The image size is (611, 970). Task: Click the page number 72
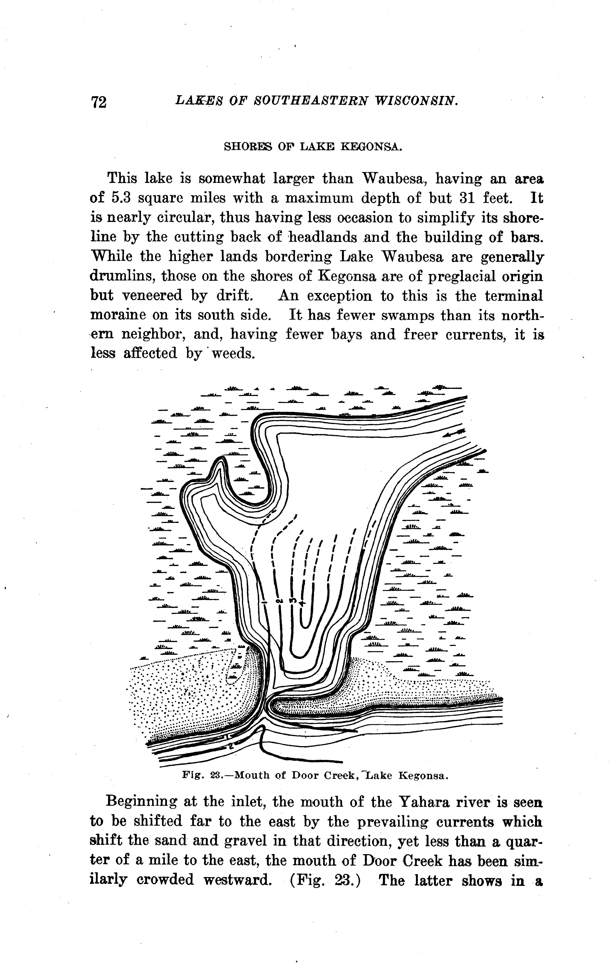point(99,102)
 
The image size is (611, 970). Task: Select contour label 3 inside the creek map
point(293,601)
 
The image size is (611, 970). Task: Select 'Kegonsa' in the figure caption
point(423,775)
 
